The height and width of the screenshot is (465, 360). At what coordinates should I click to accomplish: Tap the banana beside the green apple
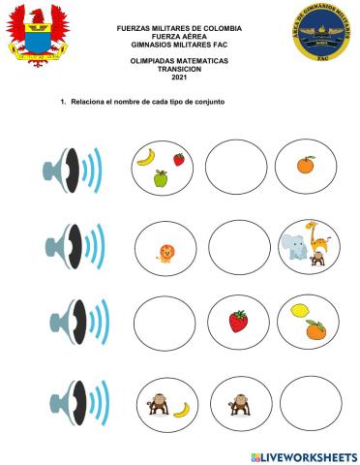pyautogui.click(x=146, y=155)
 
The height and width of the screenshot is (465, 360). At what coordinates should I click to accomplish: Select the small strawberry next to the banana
pyautogui.click(x=179, y=160)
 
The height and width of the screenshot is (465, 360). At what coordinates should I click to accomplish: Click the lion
pyautogui.click(x=165, y=255)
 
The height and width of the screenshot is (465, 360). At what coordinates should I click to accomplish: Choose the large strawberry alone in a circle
pyautogui.click(x=237, y=320)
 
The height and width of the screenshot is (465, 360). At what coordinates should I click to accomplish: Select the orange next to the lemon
pyautogui.click(x=315, y=330)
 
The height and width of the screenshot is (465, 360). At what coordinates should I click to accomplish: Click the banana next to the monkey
pyautogui.click(x=181, y=408)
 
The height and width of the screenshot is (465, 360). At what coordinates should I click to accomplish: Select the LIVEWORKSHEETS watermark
pyautogui.click(x=303, y=455)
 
